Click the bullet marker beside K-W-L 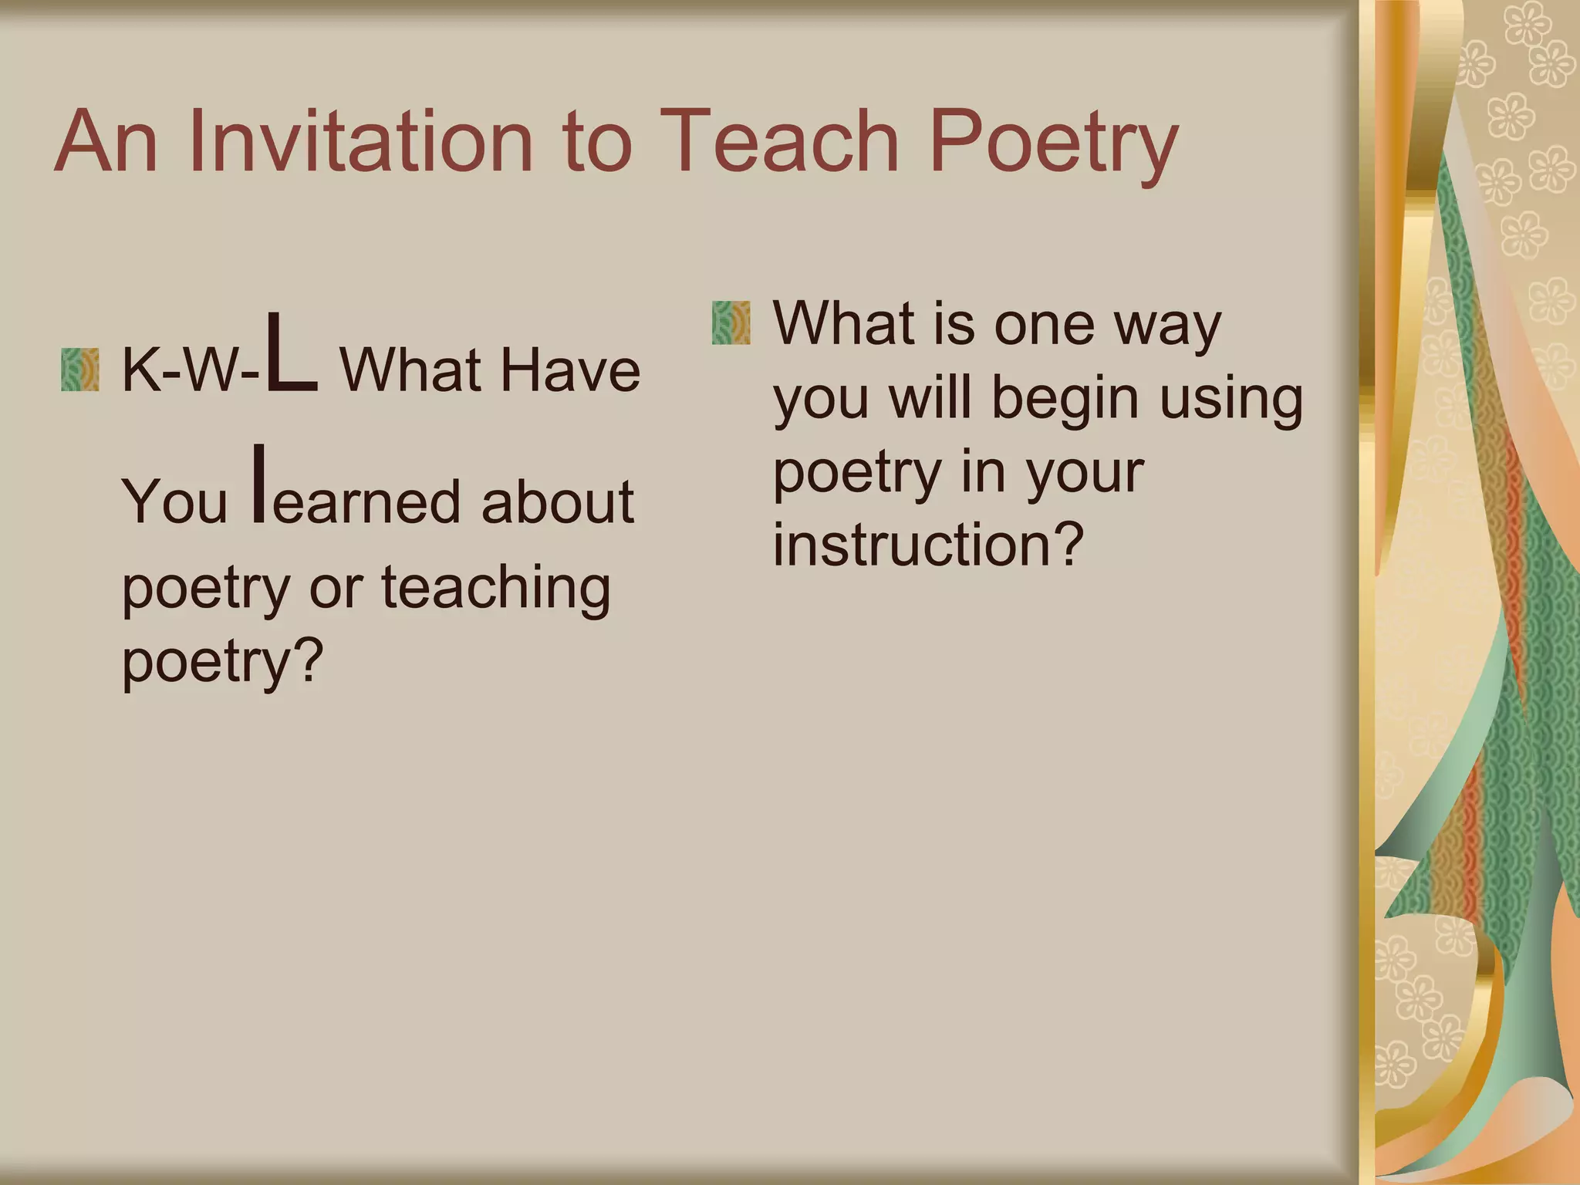click(x=80, y=370)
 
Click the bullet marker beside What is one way click(x=731, y=322)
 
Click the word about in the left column click(x=557, y=502)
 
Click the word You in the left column click(x=174, y=502)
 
